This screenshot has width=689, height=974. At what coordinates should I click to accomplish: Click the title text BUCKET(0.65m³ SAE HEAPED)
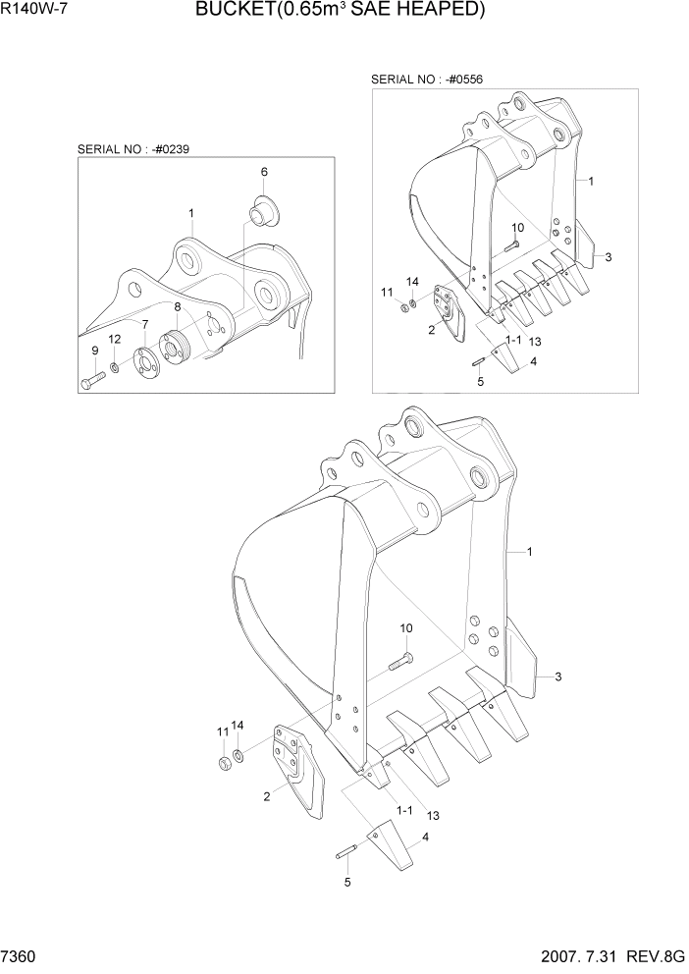coord(340,11)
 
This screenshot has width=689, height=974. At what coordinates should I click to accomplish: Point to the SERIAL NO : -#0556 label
coord(427,79)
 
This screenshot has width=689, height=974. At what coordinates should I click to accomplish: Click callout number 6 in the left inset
coord(264,172)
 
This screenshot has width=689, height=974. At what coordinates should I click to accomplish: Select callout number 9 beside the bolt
coord(95,351)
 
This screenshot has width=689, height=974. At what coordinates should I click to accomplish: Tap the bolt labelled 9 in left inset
coord(92,379)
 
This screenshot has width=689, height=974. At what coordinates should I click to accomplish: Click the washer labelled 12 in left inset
coord(115,367)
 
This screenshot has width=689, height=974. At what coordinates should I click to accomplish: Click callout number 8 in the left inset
coord(177,307)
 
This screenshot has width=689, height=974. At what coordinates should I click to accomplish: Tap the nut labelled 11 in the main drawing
coord(224,762)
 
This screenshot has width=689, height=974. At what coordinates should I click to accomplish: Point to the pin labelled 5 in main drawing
coord(349,854)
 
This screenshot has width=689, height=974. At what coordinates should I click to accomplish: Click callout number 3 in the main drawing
coord(557,676)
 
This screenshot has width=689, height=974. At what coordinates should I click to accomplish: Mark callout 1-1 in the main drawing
coord(403,809)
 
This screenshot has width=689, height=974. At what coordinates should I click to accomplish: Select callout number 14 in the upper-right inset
coord(413,282)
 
